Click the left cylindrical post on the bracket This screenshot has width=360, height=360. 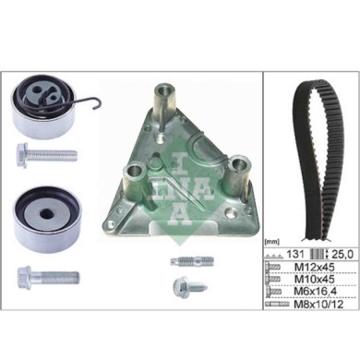(133, 174)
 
